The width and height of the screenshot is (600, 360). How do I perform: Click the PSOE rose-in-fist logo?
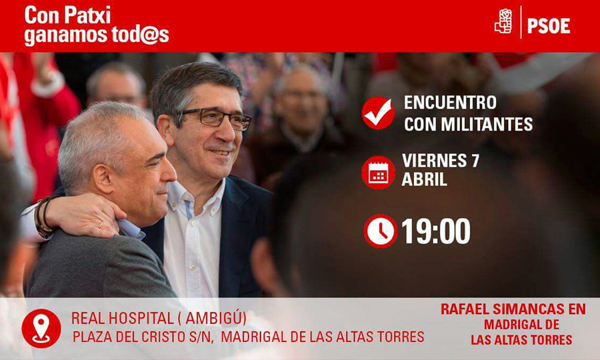[503, 21]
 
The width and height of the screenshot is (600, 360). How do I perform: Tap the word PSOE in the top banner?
[549, 26]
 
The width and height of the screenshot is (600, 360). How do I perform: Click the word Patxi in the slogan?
[87, 16]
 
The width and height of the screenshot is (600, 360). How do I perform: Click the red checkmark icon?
[378, 113]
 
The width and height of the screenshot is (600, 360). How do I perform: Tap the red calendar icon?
[378, 173]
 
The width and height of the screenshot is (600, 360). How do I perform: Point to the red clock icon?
[381, 231]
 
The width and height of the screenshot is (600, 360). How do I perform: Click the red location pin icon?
[41, 328]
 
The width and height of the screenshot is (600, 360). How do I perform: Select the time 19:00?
[436, 231]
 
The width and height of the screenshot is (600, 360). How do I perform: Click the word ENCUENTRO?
[450, 102]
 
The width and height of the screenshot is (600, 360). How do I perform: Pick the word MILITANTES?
[487, 125]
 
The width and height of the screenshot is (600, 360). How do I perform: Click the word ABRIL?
[425, 179]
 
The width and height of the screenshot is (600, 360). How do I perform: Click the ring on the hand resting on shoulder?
[101, 224]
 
